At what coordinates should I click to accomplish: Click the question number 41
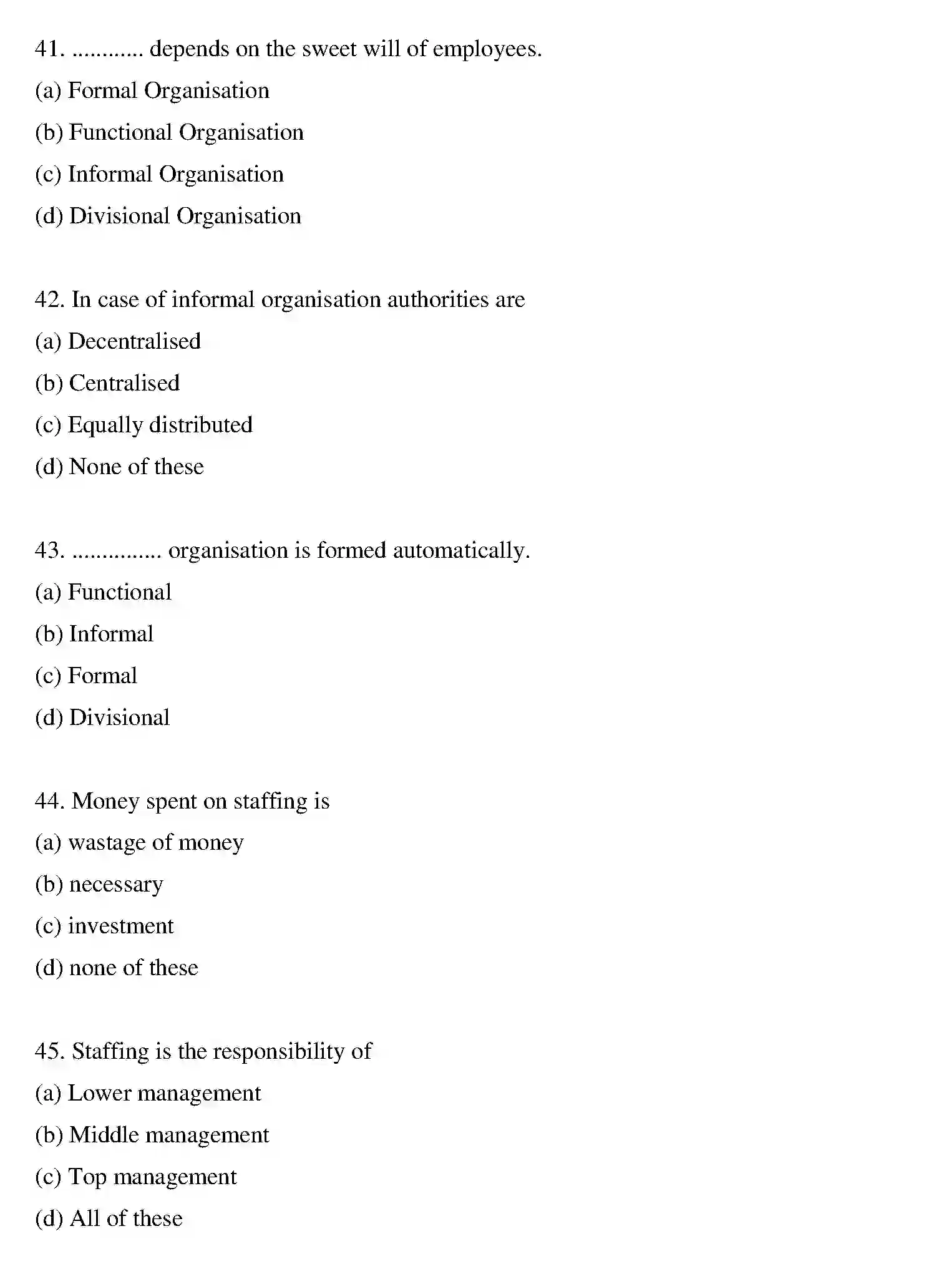tap(49, 49)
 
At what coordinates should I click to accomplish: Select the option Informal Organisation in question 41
tap(159, 175)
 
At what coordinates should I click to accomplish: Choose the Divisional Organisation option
tap(168, 216)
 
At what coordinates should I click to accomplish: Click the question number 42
tap(49, 300)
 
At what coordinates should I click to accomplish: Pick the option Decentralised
tap(118, 342)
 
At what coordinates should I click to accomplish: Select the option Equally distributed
tap(144, 425)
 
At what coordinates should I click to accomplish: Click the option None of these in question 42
tap(119, 467)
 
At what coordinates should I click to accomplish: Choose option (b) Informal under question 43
tap(94, 634)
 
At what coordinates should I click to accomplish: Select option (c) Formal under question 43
tap(86, 676)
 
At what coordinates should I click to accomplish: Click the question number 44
tap(49, 802)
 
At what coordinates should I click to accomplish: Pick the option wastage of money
tap(139, 844)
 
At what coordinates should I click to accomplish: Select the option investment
tap(104, 926)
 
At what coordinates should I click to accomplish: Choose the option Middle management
tap(152, 1135)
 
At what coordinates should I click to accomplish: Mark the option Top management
tap(136, 1177)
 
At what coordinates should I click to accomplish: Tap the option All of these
tap(109, 1219)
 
